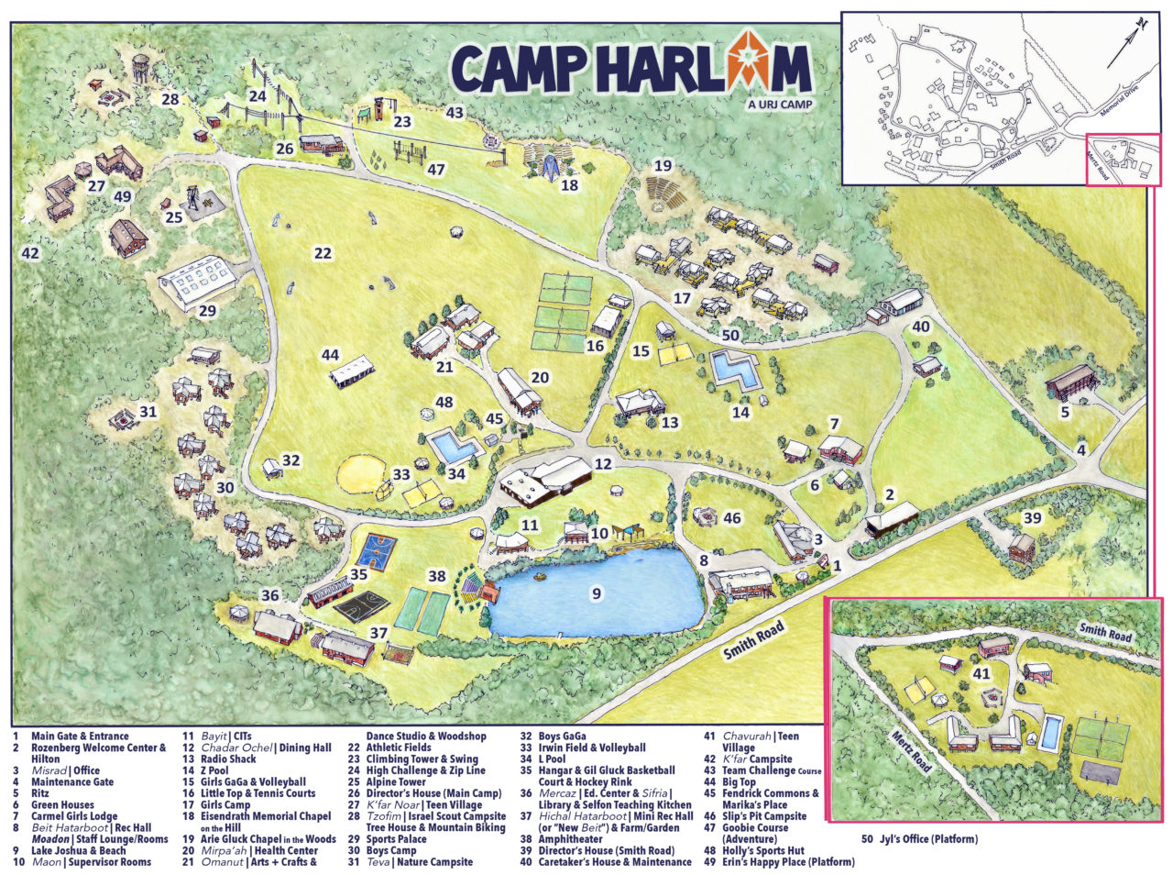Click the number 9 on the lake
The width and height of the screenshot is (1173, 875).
pyautogui.click(x=596, y=594)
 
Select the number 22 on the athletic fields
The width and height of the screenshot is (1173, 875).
pyautogui.click(x=322, y=253)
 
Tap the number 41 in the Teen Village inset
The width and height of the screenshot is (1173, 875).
pyautogui.click(x=981, y=674)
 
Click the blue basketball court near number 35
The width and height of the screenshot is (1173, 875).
pyautogui.click(x=377, y=552)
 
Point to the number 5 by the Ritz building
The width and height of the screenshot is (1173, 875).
pyautogui.click(x=1065, y=413)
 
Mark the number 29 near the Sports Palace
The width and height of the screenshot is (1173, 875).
pyautogui.click(x=207, y=311)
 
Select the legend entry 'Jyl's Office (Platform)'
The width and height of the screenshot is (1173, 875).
pyautogui.click(x=919, y=839)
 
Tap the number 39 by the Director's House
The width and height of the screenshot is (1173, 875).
pyautogui.click(x=1032, y=518)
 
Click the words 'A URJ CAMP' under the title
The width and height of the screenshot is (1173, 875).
pyautogui.click(x=779, y=104)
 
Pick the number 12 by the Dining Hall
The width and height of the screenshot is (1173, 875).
pyautogui.click(x=602, y=464)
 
